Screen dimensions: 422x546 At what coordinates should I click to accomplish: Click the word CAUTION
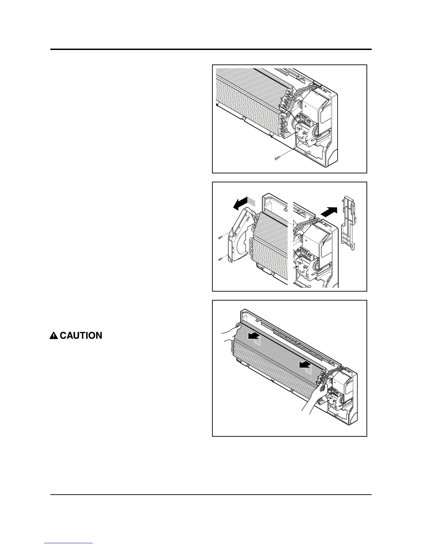tap(81, 335)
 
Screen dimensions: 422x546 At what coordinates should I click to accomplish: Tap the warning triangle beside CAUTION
tap(54, 335)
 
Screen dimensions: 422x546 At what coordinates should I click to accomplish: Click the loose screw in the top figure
tap(277, 158)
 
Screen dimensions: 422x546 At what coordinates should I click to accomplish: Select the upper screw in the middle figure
tap(220, 237)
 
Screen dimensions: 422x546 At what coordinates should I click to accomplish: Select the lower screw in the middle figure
tap(220, 259)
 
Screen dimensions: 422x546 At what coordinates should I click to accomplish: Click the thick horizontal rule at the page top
tap(211, 49)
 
